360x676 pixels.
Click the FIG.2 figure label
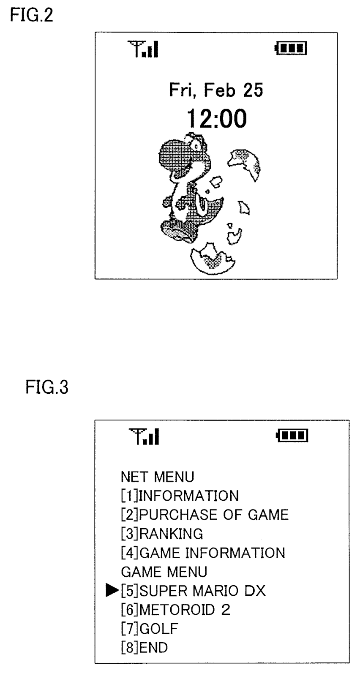pyautogui.click(x=32, y=16)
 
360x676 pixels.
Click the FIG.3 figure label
pyautogui.click(x=46, y=387)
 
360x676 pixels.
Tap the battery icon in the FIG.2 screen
pyautogui.click(x=291, y=49)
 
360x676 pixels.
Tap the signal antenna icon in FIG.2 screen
pyautogui.click(x=143, y=49)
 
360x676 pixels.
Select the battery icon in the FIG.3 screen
pyautogui.click(x=292, y=435)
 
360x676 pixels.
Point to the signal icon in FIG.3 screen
pyautogui.click(x=145, y=436)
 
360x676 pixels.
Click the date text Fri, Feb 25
pyautogui.click(x=216, y=90)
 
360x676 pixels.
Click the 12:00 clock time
pyautogui.click(x=216, y=119)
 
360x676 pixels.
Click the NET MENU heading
pyautogui.click(x=157, y=477)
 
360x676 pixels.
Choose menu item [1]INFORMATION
pyautogui.click(x=180, y=496)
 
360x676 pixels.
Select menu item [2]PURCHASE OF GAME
pyautogui.click(x=205, y=515)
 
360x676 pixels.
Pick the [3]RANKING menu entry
pyautogui.click(x=162, y=534)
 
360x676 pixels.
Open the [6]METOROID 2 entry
pyautogui.click(x=175, y=610)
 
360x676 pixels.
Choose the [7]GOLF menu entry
pyautogui.click(x=150, y=629)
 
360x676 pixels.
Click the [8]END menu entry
pyautogui.click(x=144, y=648)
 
